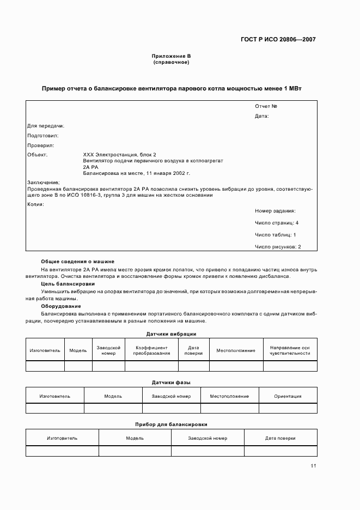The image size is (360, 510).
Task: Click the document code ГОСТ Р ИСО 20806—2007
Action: tap(278, 39)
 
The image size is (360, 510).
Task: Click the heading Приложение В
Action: tap(172, 56)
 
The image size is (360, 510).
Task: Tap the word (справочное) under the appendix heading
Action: tap(172, 62)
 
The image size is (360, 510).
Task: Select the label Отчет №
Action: tap(266, 106)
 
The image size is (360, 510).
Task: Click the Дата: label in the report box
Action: tap(261, 116)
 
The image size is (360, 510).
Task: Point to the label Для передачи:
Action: tap(46, 126)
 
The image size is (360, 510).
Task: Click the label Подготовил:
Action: tap(42, 136)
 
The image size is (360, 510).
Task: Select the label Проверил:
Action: tap(40, 145)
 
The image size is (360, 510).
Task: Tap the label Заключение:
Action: tap(43, 183)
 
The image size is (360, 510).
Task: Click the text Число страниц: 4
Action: tap(276, 223)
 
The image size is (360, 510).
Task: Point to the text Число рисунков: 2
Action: tap(278, 247)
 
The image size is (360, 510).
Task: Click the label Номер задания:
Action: tap(275, 210)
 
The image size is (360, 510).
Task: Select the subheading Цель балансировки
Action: tap(68, 284)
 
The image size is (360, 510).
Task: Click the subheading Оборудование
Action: tap(61, 306)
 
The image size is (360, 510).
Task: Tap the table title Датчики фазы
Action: tap(171, 382)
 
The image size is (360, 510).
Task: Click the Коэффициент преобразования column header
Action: tap(151, 350)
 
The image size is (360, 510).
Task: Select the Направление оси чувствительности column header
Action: tap(289, 350)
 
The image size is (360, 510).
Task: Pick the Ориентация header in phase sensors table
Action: tap(288, 396)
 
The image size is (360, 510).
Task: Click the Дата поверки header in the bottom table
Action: tap(280, 438)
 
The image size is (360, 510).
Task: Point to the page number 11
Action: tap(313, 466)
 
